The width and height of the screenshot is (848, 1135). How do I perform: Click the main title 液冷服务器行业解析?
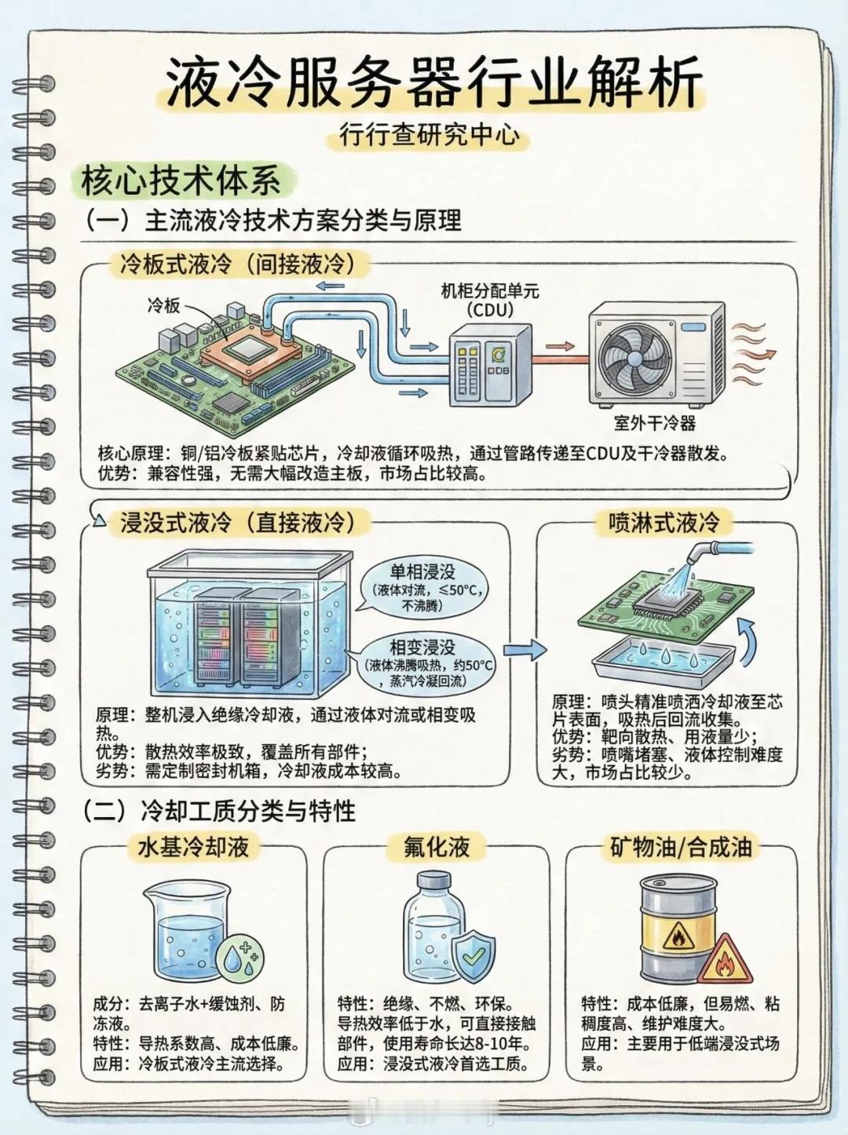pos(433,82)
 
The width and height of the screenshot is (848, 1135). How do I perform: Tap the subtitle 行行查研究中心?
pos(429,136)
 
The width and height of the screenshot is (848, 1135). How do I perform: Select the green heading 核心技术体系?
pos(181,181)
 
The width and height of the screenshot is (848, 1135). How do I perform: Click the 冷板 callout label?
pos(163,305)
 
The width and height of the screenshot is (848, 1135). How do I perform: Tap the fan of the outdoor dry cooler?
pos(637,357)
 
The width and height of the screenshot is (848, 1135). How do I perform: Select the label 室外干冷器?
pos(655,425)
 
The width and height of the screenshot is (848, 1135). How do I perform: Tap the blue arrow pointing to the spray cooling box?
pos(525,649)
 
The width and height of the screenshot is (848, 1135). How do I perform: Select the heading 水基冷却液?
pos(193,847)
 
